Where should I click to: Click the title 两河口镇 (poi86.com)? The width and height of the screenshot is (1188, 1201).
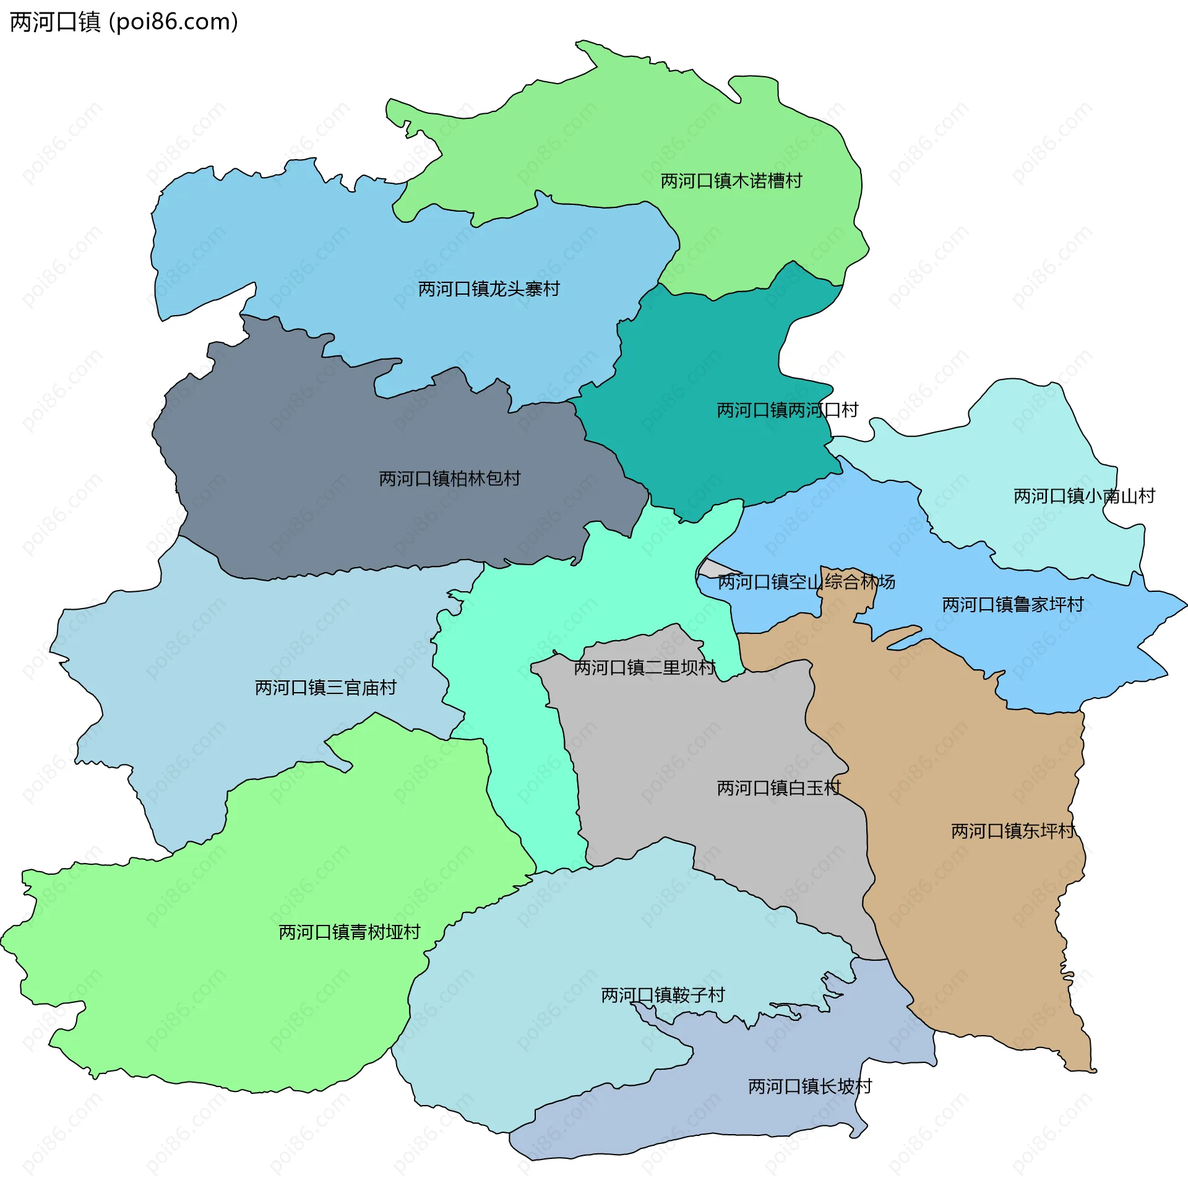click(124, 22)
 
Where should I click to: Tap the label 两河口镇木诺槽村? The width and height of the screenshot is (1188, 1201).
click(731, 181)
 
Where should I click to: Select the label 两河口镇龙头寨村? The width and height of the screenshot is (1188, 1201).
click(488, 289)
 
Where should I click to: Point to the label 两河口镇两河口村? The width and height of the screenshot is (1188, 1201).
click(786, 410)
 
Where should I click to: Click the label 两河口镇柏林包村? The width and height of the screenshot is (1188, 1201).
click(449, 479)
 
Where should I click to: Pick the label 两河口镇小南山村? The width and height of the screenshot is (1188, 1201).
click(1083, 496)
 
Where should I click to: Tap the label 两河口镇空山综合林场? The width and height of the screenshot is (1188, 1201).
click(806, 582)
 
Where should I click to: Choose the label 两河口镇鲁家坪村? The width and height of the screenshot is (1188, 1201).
click(1012, 604)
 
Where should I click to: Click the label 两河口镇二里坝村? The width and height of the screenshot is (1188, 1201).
click(644, 667)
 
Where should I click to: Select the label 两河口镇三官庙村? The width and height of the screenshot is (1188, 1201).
click(325, 688)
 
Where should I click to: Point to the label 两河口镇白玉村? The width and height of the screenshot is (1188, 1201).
click(778, 788)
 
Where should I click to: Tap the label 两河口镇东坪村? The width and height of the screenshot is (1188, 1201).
click(1012, 831)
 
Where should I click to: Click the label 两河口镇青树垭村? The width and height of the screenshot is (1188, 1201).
click(349, 932)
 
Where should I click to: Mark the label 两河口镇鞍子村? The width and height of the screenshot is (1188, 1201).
click(662, 995)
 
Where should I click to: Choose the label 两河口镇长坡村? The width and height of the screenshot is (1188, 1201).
click(809, 1086)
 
